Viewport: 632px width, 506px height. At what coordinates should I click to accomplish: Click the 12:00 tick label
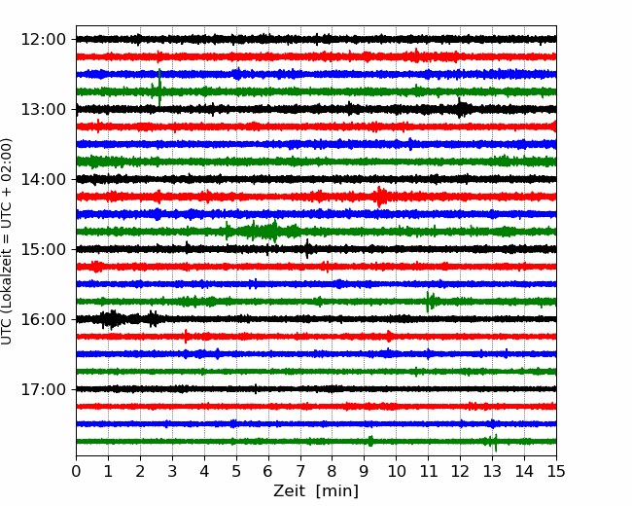point(43,40)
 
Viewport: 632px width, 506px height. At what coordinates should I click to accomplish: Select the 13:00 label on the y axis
point(43,109)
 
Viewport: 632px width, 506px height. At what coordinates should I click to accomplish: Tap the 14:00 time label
point(43,179)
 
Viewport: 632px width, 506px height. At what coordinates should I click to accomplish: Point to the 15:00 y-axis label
point(43,249)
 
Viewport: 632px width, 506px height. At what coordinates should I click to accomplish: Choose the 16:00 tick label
point(43,319)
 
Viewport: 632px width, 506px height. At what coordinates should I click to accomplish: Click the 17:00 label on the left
point(43,389)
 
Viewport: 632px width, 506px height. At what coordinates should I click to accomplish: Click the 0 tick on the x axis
point(76,471)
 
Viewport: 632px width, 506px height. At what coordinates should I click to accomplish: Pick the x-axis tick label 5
point(236,471)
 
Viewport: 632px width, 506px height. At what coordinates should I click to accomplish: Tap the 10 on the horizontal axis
point(396,471)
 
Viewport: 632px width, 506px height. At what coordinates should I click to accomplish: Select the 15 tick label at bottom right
point(556,471)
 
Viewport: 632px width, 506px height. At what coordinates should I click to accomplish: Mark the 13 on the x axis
point(492,471)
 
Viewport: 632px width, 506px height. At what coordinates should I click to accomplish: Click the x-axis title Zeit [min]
point(316,491)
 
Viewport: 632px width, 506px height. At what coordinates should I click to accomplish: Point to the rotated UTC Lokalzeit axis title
point(6,241)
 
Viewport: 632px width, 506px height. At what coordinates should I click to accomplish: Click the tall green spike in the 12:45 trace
point(159,87)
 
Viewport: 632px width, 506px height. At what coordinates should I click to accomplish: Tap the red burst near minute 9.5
point(379,197)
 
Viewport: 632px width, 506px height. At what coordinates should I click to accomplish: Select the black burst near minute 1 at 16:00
point(111,319)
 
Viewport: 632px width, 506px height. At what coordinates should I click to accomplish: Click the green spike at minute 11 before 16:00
point(428,302)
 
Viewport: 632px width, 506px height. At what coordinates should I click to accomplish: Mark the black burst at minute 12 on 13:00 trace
point(461,108)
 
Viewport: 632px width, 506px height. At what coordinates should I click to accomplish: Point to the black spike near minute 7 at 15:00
point(307,248)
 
